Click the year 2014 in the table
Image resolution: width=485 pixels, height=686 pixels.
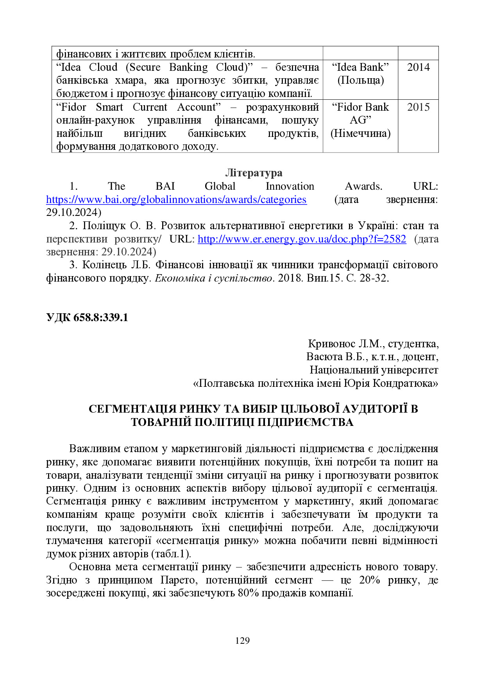tap(418, 67)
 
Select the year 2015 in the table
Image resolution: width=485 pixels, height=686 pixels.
tap(418, 107)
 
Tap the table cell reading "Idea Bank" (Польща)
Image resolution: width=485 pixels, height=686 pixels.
tap(360, 74)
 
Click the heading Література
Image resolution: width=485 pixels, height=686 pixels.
tap(254, 173)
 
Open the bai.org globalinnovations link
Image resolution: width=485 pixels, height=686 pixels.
tap(176, 199)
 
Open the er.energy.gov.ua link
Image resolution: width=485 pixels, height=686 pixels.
tap(302, 239)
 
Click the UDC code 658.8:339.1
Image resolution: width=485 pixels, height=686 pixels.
tap(87, 317)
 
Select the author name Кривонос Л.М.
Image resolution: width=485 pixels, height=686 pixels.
tap(344, 344)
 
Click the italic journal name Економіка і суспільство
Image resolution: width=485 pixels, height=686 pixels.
tap(214, 278)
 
